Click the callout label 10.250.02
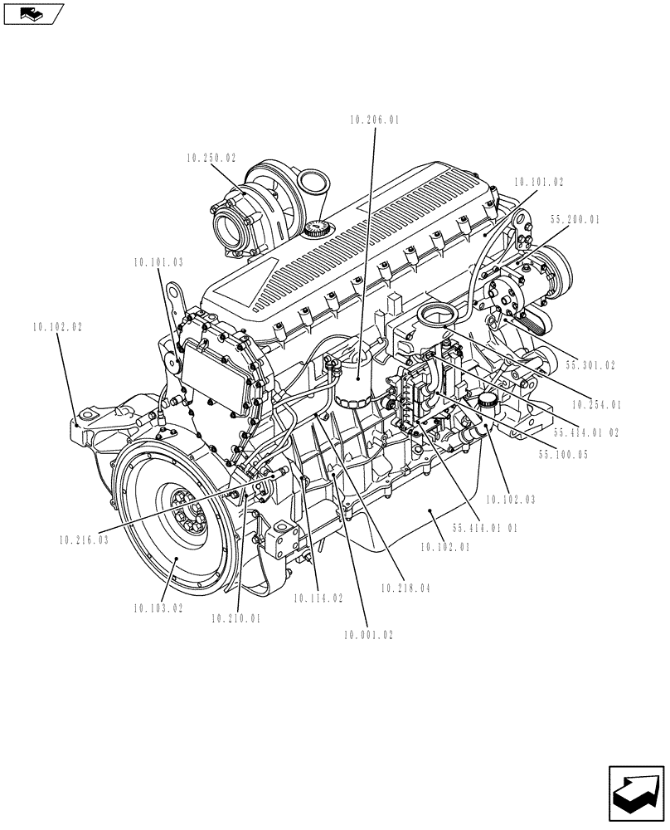211,157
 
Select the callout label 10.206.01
375,120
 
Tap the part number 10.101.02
538,181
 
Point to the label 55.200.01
575,220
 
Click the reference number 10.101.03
158,262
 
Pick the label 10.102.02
58,328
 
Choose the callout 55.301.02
590,364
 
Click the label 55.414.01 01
485,528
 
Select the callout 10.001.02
367,635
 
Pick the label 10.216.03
84,539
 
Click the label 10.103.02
158,608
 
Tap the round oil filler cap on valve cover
318,230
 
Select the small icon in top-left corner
33,13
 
